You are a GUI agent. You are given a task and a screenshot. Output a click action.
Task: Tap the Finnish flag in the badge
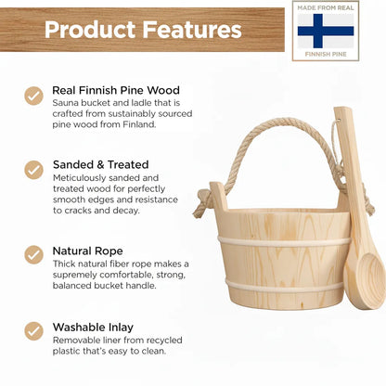pos(325,31)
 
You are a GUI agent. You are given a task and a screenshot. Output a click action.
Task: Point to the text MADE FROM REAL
pos(325,8)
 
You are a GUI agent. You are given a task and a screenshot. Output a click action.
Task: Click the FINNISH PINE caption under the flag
pos(325,54)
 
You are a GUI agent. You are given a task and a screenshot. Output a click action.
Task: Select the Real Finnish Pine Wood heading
pos(115,89)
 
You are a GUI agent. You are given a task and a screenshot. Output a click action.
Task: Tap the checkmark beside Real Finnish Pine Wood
pos(34,95)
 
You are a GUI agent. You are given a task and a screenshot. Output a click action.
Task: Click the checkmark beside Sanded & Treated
pos(34,170)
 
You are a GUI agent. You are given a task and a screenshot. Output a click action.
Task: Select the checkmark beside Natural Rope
pos(34,254)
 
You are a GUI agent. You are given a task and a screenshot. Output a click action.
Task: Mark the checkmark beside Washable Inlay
pos(34,329)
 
